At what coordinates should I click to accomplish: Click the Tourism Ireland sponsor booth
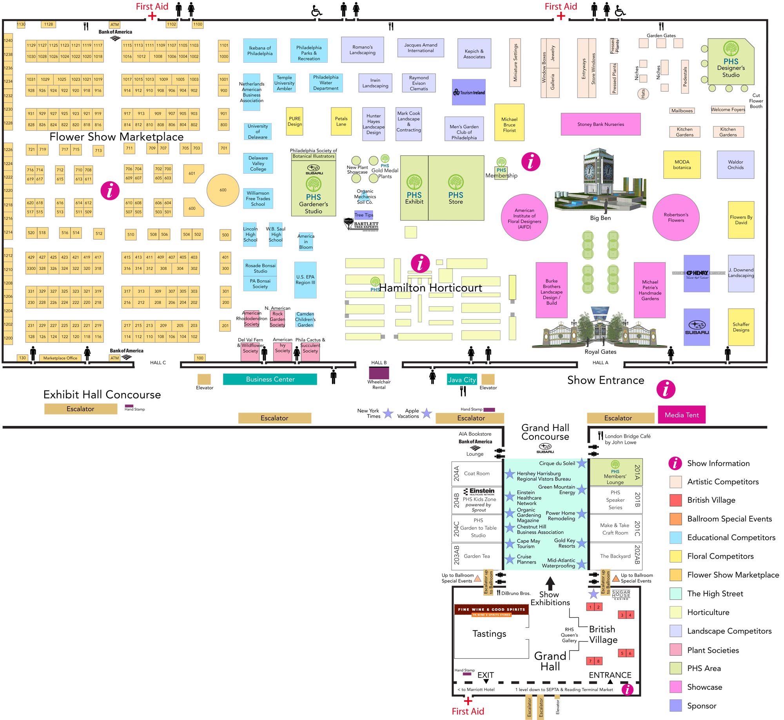click(x=468, y=92)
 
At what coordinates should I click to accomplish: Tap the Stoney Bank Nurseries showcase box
click(x=601, y=124)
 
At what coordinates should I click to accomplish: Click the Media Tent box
click(x=681, y=415)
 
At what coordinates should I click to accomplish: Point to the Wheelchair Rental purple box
click(x=379, y=373)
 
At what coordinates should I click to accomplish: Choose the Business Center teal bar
click(x=270, y=379)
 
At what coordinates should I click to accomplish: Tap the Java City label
click(x=462, y=380)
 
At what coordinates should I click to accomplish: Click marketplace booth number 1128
click(x=49, y=24)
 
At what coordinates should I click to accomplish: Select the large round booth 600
click(x=223, y=190)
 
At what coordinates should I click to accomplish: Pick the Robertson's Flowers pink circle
click(x=676, y=217)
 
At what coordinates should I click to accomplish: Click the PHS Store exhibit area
click(x=456, y=188)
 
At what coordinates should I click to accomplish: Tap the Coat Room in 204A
click(x=477, y=473)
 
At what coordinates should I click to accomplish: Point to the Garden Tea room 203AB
click(x=477, y=556)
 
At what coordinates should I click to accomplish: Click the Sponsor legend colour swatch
click(x=676, y=706)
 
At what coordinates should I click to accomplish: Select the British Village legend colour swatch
click(x=676, y=500)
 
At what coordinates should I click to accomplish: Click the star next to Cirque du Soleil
click(x=582, y=464)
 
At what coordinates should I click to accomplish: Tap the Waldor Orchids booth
click(x=735, y=165)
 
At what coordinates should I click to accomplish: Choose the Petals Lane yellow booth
click(x=341, y=122)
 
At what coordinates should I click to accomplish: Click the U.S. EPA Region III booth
click(x=305, y=280)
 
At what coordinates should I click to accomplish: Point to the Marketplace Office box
click(x=60, y=358)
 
